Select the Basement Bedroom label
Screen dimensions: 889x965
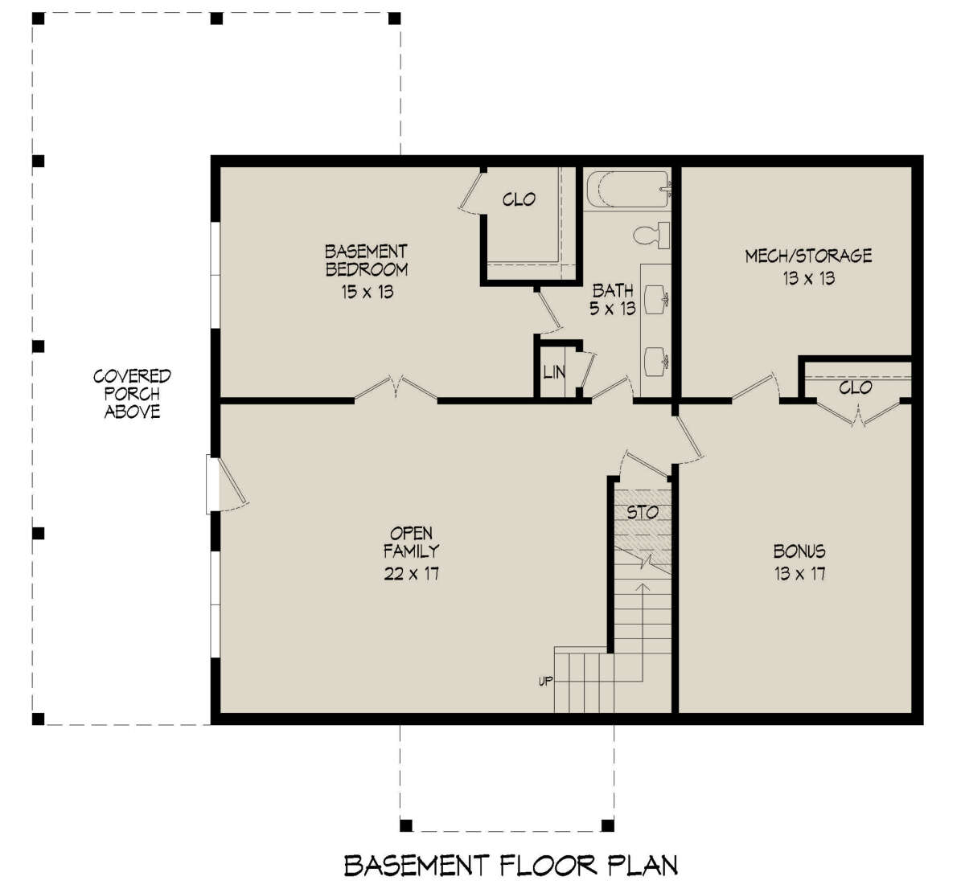click(x=366, y=260)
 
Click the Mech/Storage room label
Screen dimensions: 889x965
click(x=808, y=256)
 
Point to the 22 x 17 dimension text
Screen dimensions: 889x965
click(x=411, y=573)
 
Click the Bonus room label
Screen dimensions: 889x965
click(x=799, y=551)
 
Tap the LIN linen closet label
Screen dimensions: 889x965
click(x=553, y=373)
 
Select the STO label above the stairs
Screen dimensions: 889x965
click(x=643, y=512)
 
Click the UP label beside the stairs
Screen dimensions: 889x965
click(x=545, y=682)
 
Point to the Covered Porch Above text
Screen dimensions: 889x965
click(x=132, y=394)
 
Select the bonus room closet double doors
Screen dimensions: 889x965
click(x=859, y=412)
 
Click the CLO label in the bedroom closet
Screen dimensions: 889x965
click(x=519, y=199)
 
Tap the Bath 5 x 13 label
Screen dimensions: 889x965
click(x=613, y=299)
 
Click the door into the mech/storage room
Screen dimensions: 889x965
click(x=756, y=385)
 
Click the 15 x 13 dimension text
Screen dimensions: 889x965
click(x=366, y=292)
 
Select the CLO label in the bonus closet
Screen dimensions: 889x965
click(x=856, y=387)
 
